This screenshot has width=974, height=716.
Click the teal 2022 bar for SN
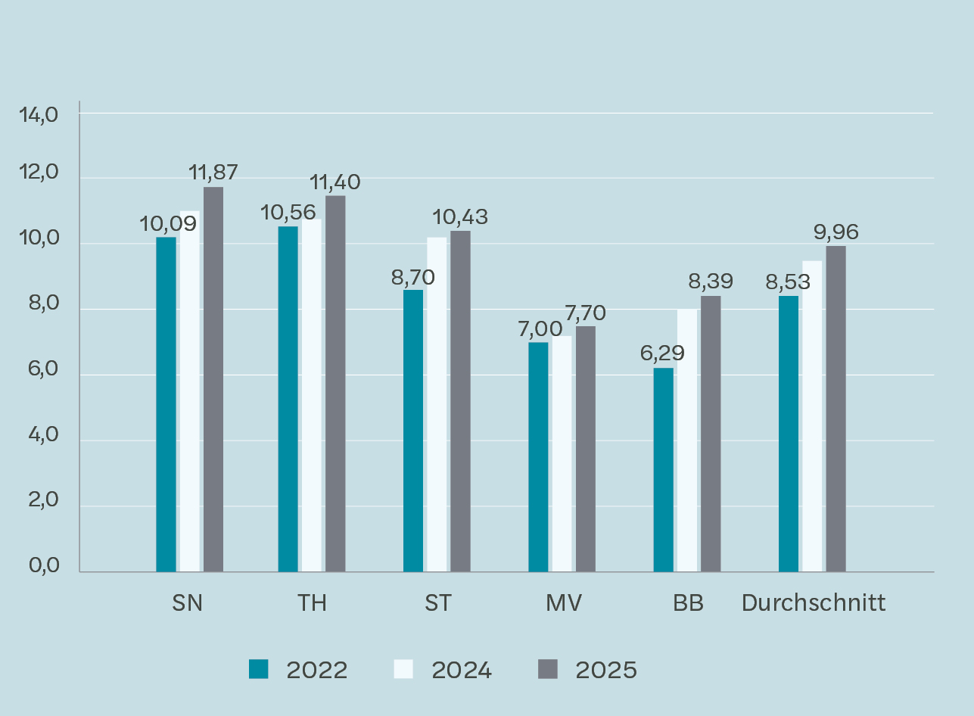(x=166, y=404)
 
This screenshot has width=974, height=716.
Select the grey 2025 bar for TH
(x=335, y=384)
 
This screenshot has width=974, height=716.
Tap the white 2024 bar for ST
(x=437, y=404)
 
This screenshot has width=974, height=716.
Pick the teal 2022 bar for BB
(x=664, y=469)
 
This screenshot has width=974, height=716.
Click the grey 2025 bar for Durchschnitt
(x=836, y=409)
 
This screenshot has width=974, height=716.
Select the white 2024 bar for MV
(x=562, y=453)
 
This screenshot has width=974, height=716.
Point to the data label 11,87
(x=213, y=173)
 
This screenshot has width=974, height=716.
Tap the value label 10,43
(x=460, y=217)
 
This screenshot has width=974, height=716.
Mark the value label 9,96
(x=836, y=232)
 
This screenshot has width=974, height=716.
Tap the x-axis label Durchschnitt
(x=814, y=603)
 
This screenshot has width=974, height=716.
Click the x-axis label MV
(x=563, y=603)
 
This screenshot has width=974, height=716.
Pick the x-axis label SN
(x=188, y=603)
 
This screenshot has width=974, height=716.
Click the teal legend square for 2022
(x=259, y=669)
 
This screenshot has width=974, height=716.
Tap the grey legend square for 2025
(x=547, y=669)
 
